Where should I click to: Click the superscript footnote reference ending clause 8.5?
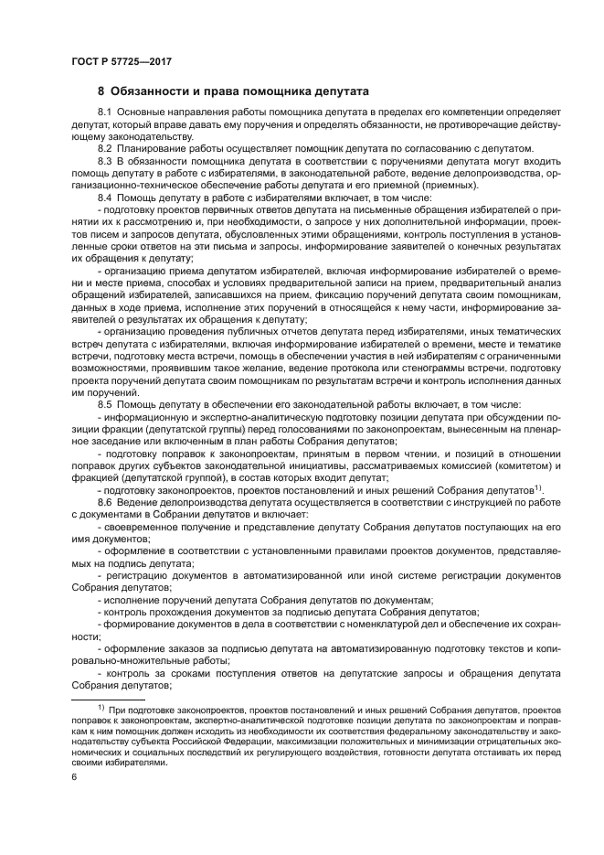tap(538, 487)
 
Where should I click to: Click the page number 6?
tap(74, 777)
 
